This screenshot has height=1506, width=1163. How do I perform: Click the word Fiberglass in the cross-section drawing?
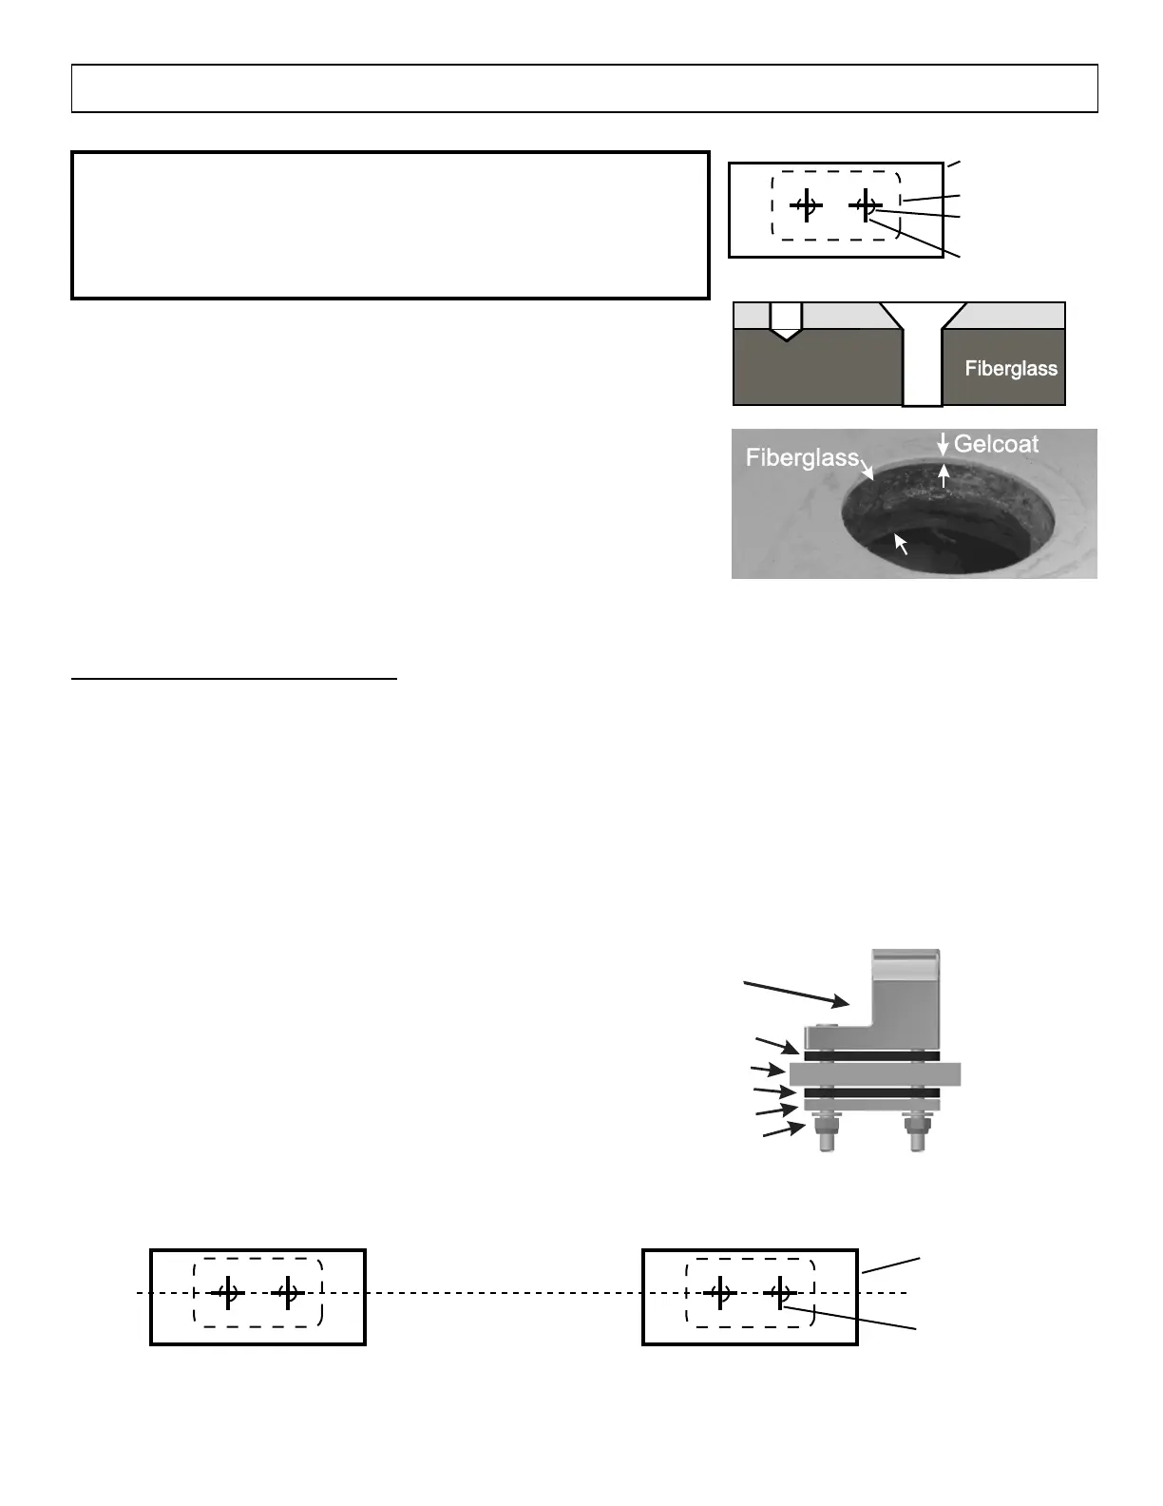tap(1011, 369)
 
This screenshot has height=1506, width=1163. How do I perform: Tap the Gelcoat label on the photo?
tap(996, 444)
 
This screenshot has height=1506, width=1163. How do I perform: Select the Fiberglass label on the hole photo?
tap(801, 457)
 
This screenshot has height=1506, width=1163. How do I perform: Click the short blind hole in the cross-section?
tap(785, 322)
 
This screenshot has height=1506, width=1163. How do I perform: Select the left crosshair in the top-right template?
tap(806, 204)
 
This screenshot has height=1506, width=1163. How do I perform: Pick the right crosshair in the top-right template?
tap(866, 204)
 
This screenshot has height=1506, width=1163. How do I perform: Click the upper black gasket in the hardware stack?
tap(871, 1056)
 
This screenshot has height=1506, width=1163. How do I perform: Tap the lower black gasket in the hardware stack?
tap(871, 1092)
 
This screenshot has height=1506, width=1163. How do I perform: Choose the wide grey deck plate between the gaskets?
tap(875, 1074)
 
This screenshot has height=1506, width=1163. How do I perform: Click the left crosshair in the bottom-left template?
tap(227, 1293)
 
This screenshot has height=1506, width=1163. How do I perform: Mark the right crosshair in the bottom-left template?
tap(287, 1293)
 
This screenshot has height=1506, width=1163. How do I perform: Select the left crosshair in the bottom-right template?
tap(720, 1293)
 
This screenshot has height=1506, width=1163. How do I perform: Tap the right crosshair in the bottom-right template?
tap(779, 1293)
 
